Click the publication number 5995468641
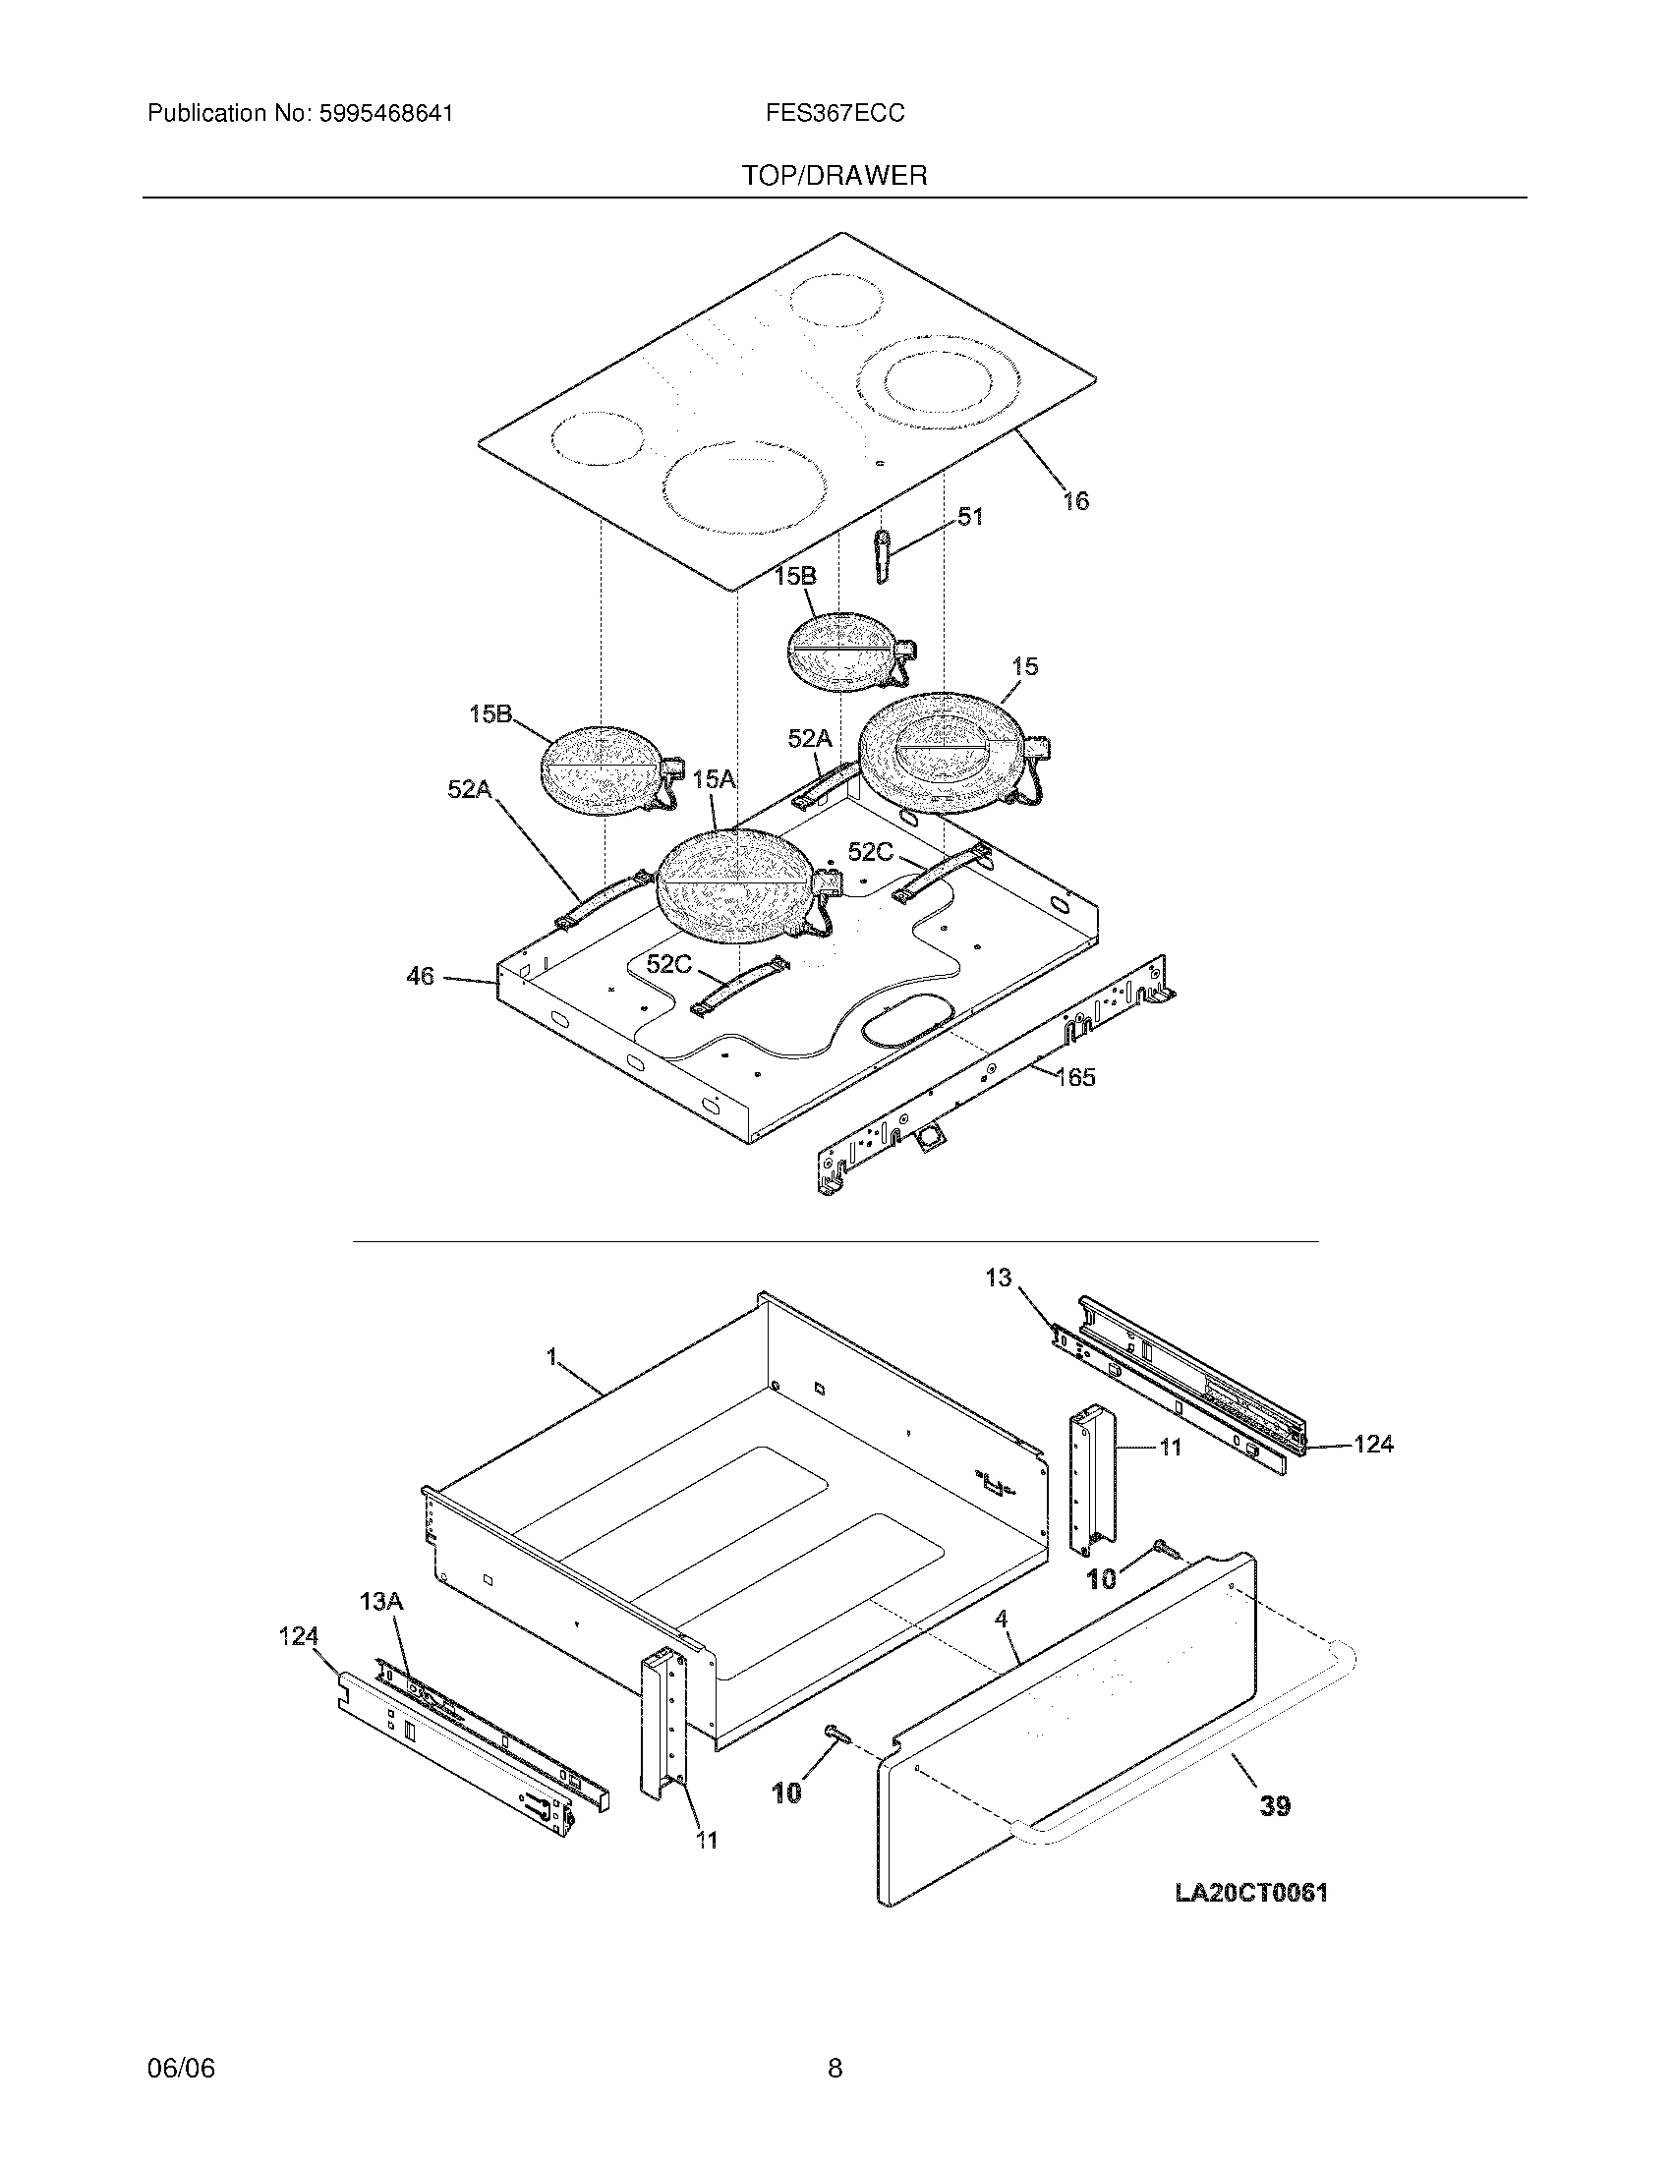click(385, 114)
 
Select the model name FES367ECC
click(834, 114)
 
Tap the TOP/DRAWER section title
click(835, 176)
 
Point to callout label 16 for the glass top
click(1075, 501)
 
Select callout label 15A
click(714, 780)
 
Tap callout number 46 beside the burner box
click(420, 976)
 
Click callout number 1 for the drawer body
click(552, 1357)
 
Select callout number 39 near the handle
click(1275, 1805)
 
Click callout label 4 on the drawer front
click(1001, 1619)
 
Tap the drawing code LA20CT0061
click(1251, 1893)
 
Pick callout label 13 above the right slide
click(999, 1278)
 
